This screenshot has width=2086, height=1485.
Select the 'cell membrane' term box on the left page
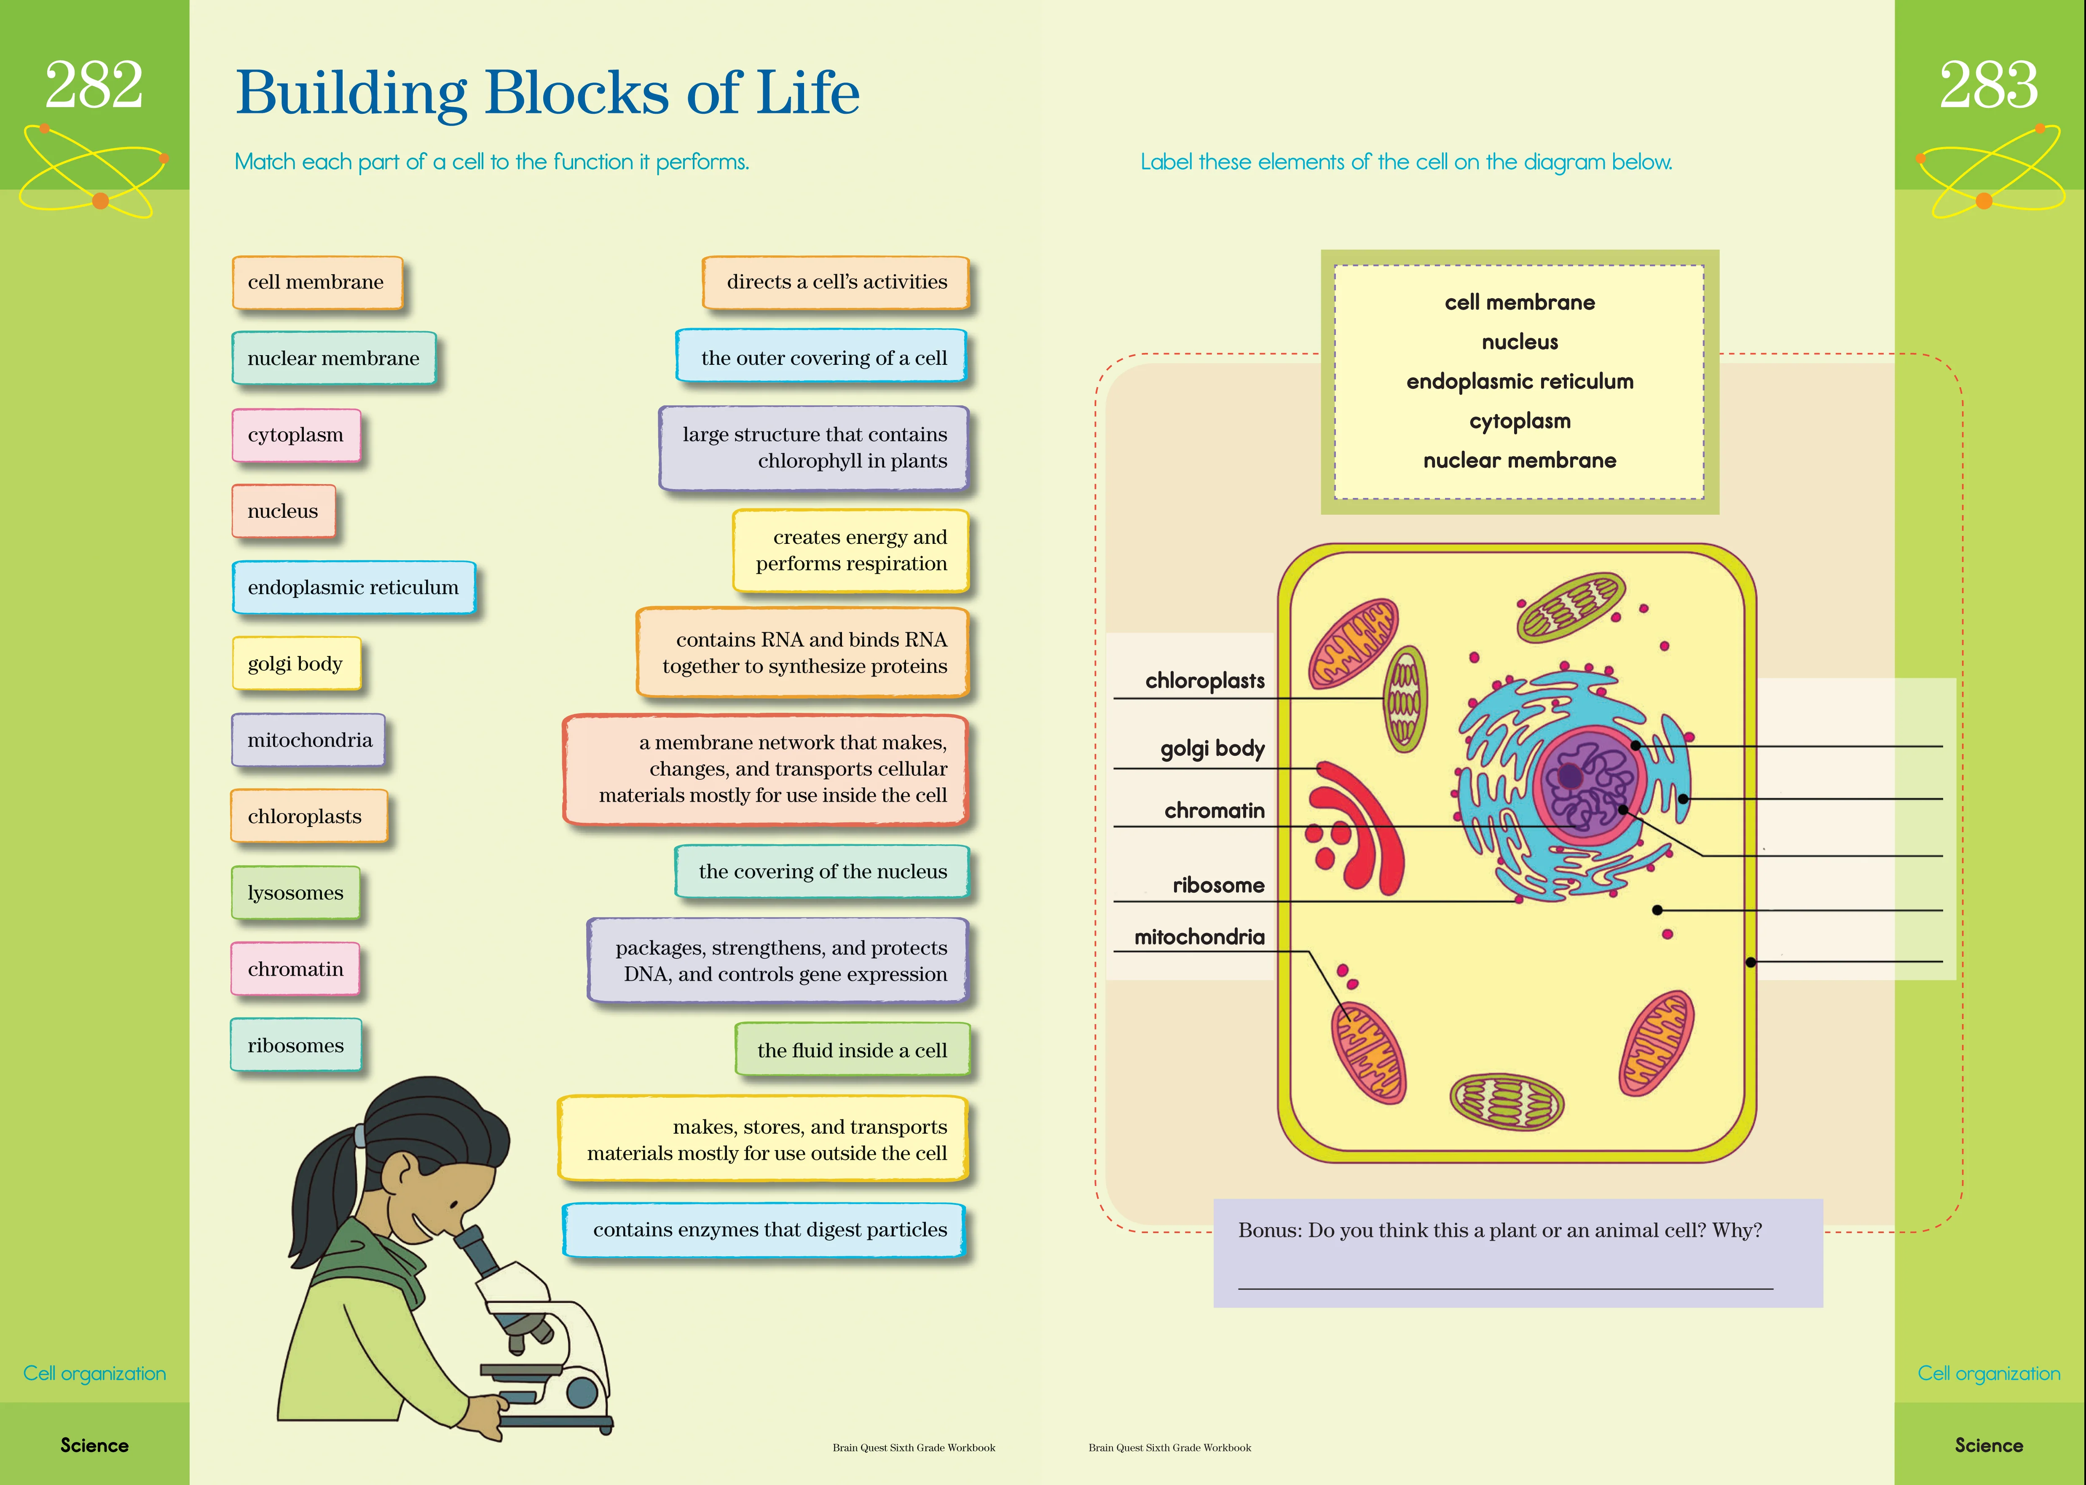coord(317,283)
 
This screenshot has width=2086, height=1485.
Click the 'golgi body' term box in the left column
coord(296,664)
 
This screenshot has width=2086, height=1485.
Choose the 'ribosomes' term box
coord(295,1045)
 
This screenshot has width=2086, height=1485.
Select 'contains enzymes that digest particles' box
coord(764,1230)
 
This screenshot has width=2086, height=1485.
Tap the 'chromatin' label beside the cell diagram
coord(1215,810)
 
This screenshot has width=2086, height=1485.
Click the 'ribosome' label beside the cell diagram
coord(1219,885)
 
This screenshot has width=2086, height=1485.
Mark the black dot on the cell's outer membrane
coord(1751,962)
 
